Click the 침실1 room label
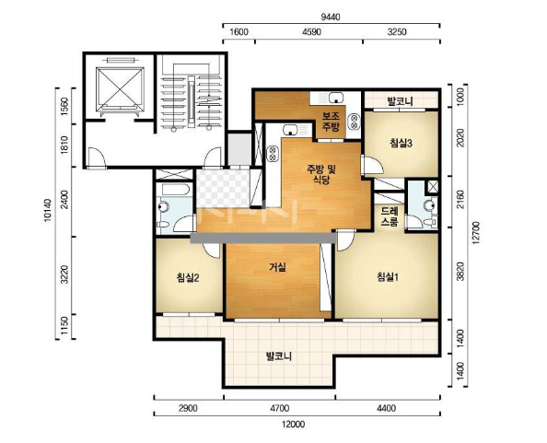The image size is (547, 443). (388, 277)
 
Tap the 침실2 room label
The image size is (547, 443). (188, 278)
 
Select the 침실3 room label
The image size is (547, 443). (402, 143)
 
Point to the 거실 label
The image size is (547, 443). (278, 267)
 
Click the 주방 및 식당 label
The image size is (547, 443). (321, 174)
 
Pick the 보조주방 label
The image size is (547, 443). (331, 122)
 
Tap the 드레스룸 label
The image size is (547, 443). (390, 216)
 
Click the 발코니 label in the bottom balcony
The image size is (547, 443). (279, 356)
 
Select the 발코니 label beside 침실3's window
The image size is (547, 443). (401, 101)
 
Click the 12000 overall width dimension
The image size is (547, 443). (294, 425)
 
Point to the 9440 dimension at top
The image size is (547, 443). (330, 17)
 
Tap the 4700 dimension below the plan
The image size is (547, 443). (279, 408)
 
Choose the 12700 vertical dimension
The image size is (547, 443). (476, 233)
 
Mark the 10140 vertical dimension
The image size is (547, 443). (48, 210)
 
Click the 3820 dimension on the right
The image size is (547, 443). (460, 272)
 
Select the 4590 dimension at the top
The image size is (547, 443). (311, 32)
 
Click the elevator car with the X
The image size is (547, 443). (120, 87)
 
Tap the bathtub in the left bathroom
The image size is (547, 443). (176, 190)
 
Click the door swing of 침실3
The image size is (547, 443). (373, 165)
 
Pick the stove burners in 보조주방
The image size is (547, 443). (355, 122)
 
